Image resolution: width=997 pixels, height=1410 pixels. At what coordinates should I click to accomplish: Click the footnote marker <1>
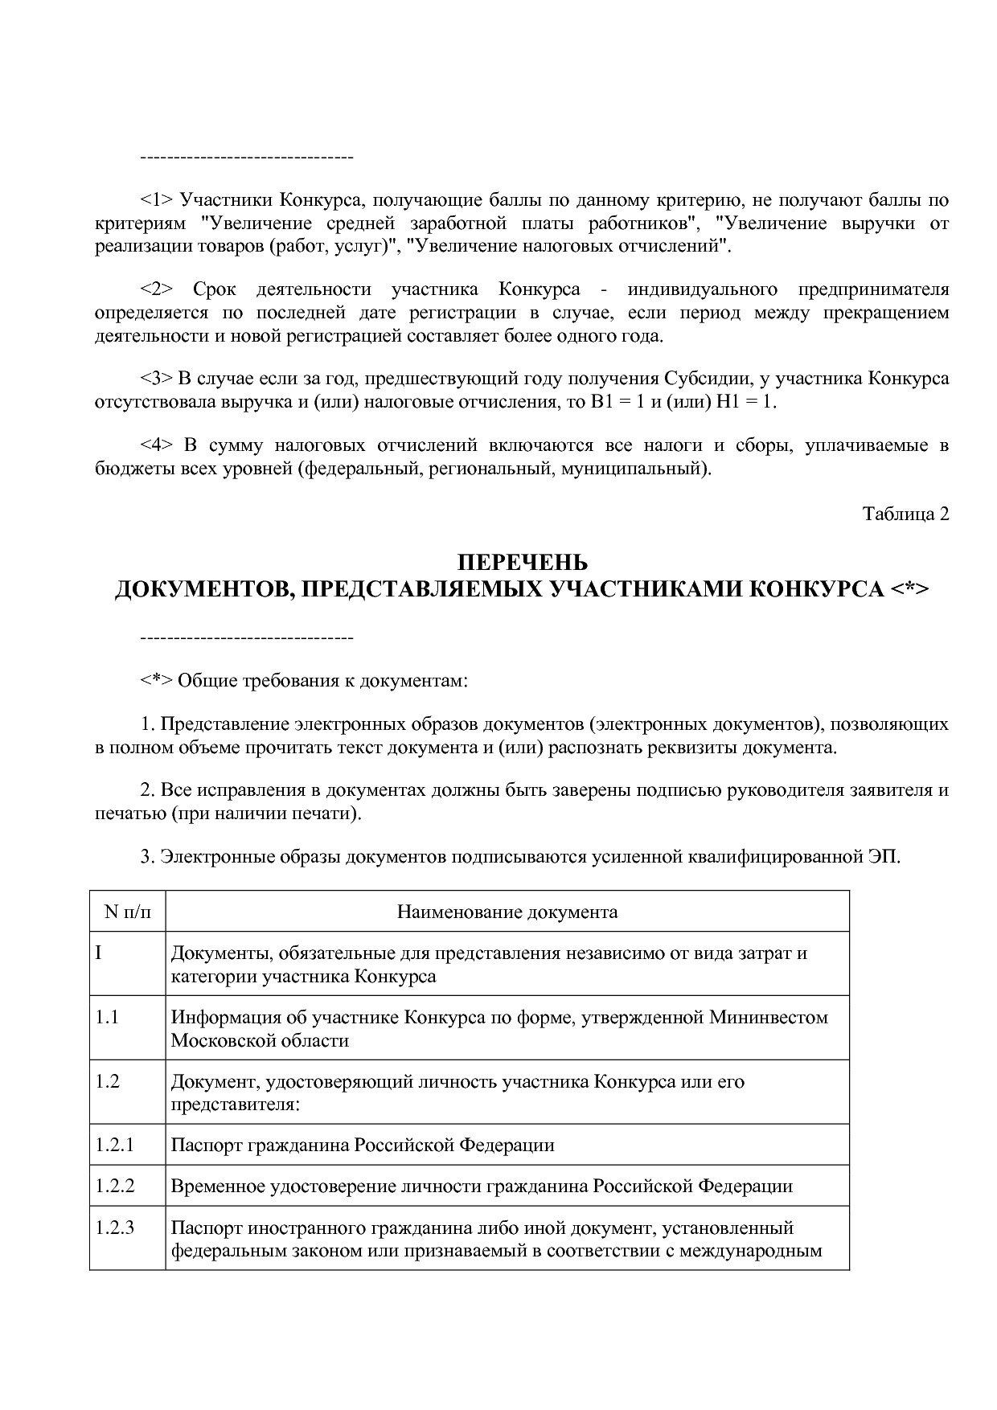click(157, 200)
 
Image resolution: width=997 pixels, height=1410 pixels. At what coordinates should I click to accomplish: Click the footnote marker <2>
click(157, 289)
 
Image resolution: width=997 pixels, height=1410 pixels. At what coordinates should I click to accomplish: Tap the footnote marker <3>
click(157, 379)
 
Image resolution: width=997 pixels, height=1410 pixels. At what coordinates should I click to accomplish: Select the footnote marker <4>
click(157, 445)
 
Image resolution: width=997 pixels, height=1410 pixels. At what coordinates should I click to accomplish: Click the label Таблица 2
click(906, 514)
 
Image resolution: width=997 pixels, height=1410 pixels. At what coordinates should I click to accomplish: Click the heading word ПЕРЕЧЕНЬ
click(522, 562)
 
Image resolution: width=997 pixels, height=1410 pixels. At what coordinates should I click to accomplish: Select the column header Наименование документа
click(507, 912)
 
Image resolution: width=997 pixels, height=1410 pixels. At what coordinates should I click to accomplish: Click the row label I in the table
click(99, 953)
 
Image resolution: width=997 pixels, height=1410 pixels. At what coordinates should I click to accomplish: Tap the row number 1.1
click(107, 1017)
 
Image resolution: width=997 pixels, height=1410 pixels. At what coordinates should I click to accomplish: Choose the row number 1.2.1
click(114, 1145)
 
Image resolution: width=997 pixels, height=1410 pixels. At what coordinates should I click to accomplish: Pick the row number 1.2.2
click(114, 1186)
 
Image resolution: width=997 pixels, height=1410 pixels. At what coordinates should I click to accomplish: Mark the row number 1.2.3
click(114, 1228)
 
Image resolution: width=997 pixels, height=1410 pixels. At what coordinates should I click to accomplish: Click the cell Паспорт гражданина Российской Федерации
click(363, 1145)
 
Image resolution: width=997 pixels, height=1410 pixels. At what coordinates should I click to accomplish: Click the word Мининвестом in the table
click(768, 1018)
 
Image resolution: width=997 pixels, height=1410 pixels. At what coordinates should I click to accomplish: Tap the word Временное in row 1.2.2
click(211, 1187)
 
